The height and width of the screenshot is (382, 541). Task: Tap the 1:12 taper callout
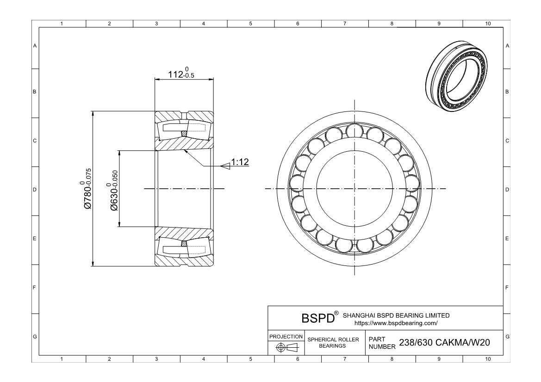(x=240, y=162)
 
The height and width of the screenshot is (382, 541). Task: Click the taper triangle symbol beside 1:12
(x=225, y=164)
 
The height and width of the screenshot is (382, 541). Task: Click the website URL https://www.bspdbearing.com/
(x=396, y=322)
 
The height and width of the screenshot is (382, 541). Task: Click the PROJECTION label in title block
(x=286, y=336)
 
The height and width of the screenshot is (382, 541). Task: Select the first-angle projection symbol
(x=286, y=348)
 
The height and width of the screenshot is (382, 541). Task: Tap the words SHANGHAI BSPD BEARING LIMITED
(x=396, y=315)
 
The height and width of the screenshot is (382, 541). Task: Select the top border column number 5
(x=250, y=24)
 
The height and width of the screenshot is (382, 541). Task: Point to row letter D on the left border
(x=35, y=190)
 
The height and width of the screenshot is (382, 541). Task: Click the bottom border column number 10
(x=487, y=358)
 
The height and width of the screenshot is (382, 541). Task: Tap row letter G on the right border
(x=508, y=336)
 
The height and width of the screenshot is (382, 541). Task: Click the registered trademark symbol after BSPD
(x=336, y=314)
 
